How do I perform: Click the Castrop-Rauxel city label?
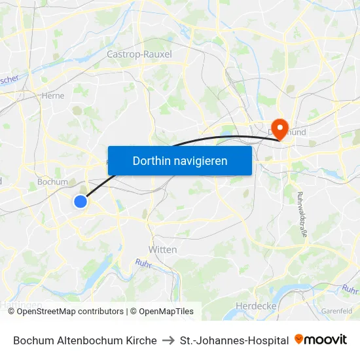coord(139,54)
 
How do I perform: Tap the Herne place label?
coord(52,95)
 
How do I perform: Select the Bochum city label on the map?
coord(52,182)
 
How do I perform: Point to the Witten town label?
coord(162,249)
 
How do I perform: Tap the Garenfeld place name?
coord(337,312)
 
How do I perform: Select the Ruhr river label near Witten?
coord(143,264)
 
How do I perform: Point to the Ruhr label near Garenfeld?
coord(350,289)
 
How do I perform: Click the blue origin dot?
coord(81,202)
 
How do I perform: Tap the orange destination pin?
coord(279,127)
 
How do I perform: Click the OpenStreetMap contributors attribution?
coord(70,312)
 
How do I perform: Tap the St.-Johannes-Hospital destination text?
coord(234,340)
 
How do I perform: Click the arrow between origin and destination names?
coord(168,340)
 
